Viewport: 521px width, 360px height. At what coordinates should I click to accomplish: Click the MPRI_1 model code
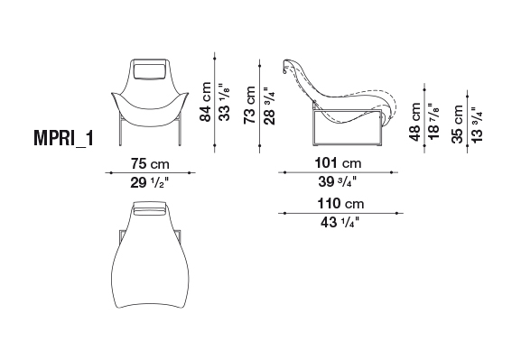pos(63,138)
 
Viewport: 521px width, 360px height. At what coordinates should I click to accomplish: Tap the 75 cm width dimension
pos(150,163)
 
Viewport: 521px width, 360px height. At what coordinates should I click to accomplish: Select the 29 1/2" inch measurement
pos(150,182)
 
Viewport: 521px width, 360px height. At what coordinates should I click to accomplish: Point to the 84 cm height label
pos(205,102)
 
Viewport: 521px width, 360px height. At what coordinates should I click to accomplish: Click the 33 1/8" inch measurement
pos(225,102)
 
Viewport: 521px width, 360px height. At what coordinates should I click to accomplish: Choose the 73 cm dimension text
pos(249,106)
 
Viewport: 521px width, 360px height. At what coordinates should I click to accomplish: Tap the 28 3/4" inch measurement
pos(269,106)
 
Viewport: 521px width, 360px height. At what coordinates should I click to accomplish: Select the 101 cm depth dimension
pos(338,163)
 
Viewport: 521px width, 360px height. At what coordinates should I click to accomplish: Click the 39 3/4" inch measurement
pos(338,181)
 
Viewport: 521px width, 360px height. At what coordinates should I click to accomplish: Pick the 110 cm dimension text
pos(340,203)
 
